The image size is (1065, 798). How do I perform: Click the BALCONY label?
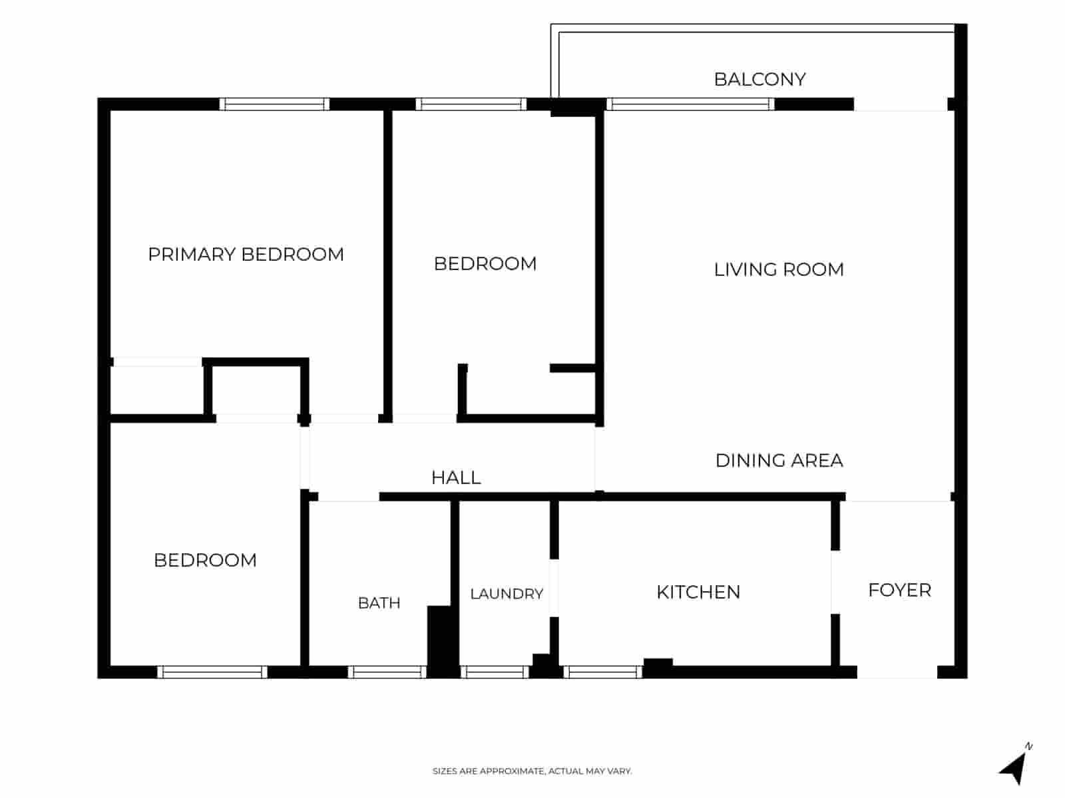pos(760,79)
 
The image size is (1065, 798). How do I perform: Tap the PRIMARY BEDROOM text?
pos(246,255)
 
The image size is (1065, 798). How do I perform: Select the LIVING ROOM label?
pos(779,269)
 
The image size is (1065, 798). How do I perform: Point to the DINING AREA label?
pos(779,460)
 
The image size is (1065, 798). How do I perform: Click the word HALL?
pos(455,477)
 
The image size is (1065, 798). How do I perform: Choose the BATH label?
pos(379,602)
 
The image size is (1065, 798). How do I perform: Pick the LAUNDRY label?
pos(507,594)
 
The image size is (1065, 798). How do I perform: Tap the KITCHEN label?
pos(698,592)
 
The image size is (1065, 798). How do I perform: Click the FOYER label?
pos(899,590)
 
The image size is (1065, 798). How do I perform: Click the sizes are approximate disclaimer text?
pos(532,771)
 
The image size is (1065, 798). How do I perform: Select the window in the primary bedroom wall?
pos(274,104)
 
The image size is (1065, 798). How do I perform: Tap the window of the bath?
pos(387,672)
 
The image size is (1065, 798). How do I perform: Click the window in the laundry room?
pos(495,672)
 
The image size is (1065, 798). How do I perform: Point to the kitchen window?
pos(602,672)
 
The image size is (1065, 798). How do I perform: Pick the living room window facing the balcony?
pos(690,104)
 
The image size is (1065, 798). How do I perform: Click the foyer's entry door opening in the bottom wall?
pos(897,672)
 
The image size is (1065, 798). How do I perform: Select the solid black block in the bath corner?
pos(443,641)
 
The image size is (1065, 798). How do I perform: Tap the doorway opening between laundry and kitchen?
pos(554,588)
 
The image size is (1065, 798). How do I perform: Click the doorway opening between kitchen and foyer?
pos(835,582)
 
